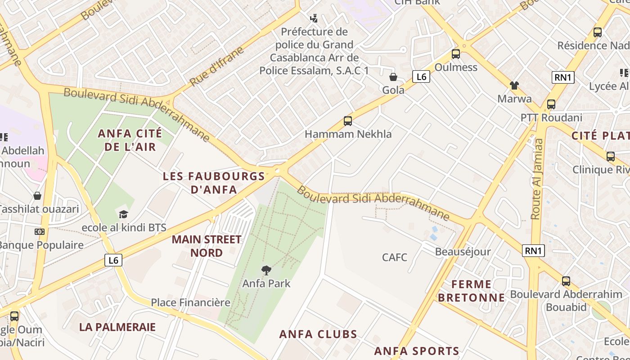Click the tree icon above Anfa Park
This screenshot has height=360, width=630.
(266, 270)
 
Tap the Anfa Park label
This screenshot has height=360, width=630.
(266, 283)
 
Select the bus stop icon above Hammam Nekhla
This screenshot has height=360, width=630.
(348, 121)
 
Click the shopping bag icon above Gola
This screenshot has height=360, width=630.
(393, 77)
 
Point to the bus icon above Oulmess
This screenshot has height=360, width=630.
(456, 54)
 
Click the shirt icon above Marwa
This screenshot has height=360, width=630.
(514, 85)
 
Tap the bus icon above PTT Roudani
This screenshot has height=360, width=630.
(551, 104)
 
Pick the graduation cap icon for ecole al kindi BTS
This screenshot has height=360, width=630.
(124, 214)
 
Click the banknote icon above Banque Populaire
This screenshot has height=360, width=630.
(40, 232)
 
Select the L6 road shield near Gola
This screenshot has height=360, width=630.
(421, 77)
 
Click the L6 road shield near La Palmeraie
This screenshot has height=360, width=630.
(114, 260)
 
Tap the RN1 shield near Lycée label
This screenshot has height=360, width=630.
(563, 77)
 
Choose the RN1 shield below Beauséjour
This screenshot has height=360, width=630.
(533, 251)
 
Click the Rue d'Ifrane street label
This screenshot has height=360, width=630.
(217, 66)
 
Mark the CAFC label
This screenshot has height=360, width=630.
(395, 257)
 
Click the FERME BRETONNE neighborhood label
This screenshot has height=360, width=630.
(471, 291)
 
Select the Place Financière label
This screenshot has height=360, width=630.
(190, 302)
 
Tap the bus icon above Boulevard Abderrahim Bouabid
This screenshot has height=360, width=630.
(566, 281)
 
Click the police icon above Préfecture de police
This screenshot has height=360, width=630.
(314, 18)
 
